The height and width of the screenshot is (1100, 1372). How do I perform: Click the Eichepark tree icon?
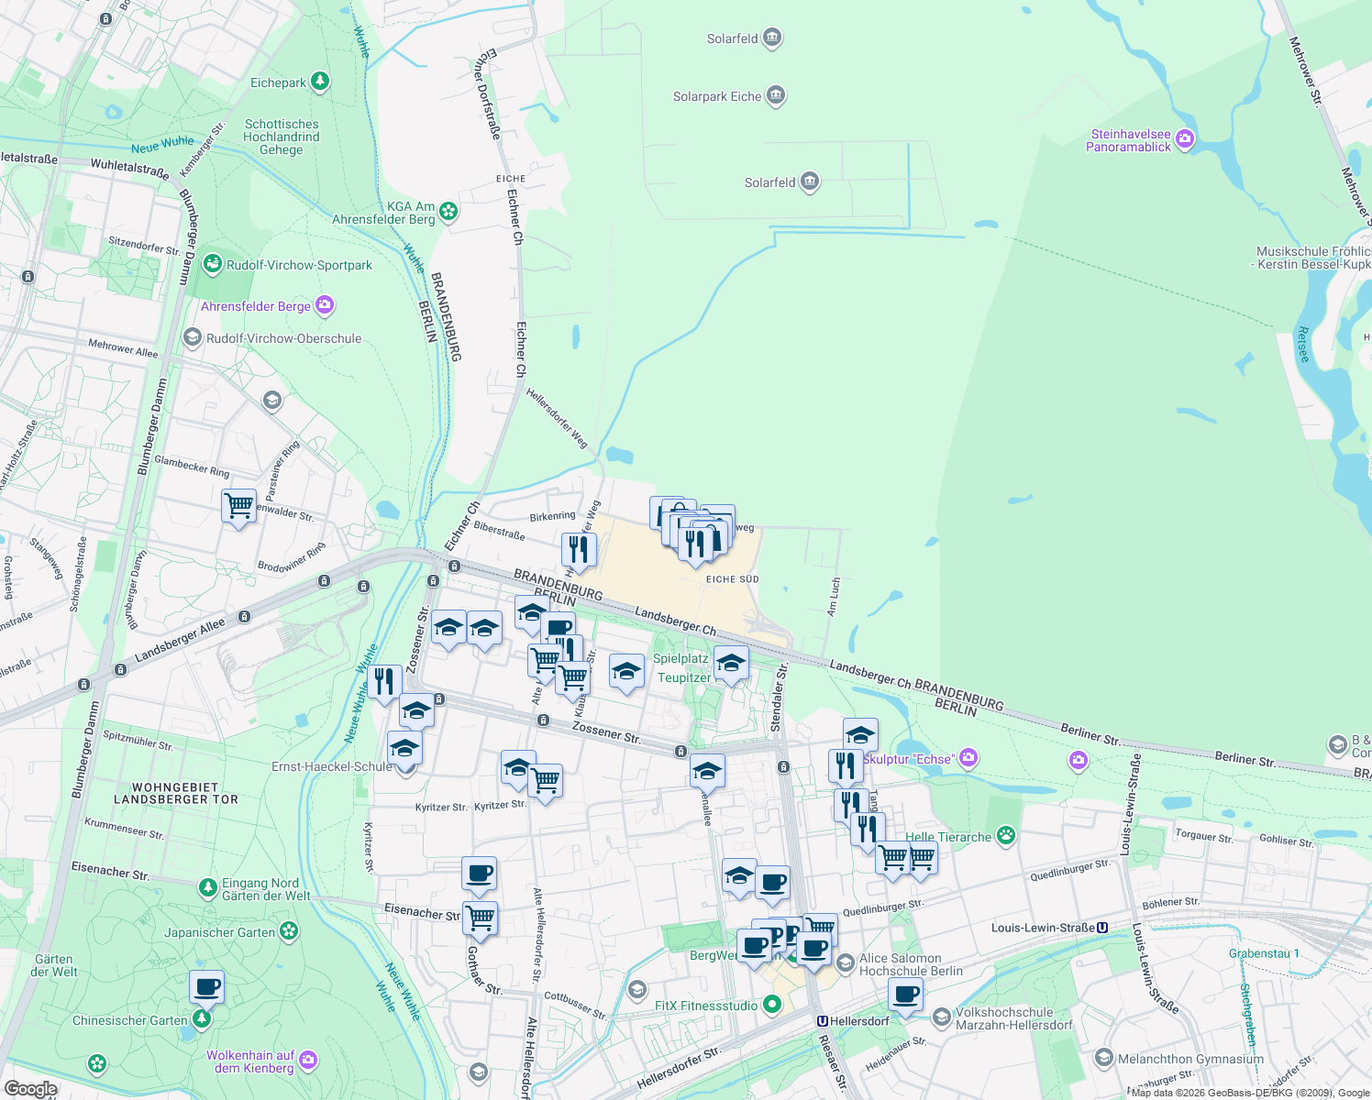(x=319, y=82)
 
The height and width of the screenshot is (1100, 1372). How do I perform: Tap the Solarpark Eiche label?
(x=717, y=96)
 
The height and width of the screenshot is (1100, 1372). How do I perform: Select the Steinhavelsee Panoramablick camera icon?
(x=1185, y=139)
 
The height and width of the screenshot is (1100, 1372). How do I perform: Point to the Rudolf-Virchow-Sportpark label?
(x=299, y=265)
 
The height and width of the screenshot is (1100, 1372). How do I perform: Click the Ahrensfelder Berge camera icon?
(x=325, y=305)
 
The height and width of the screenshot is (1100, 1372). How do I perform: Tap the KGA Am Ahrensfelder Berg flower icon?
(x=448, y=212)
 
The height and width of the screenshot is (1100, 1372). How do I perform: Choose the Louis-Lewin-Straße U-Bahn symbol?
(x=1102, y=928)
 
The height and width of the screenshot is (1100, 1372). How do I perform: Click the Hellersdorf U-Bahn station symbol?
(x=823, y=1021)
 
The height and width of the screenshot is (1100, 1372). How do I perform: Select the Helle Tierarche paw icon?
(x=1007, y=835)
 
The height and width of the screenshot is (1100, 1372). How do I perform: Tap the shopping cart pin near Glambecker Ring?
(x=238, y=505)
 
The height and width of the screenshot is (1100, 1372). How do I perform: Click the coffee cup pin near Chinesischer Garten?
(x=207, y=987)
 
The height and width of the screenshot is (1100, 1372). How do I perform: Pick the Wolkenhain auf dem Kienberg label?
(x=250, y=1061)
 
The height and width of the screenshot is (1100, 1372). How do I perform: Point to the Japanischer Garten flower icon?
(x=289, y=931)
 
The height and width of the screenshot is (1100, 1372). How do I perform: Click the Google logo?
(x=30, y=1089)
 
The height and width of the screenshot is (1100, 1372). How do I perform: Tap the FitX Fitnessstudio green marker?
(x=772, y=1005)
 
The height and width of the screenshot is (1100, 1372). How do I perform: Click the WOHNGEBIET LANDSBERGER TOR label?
(x=176, y=793)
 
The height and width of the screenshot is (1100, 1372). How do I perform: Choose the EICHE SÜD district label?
(x=732, y=579)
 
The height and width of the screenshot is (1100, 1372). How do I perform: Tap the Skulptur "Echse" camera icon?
(x=969, y=758)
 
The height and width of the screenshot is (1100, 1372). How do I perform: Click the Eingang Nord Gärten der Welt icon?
(x=208, y=887)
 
